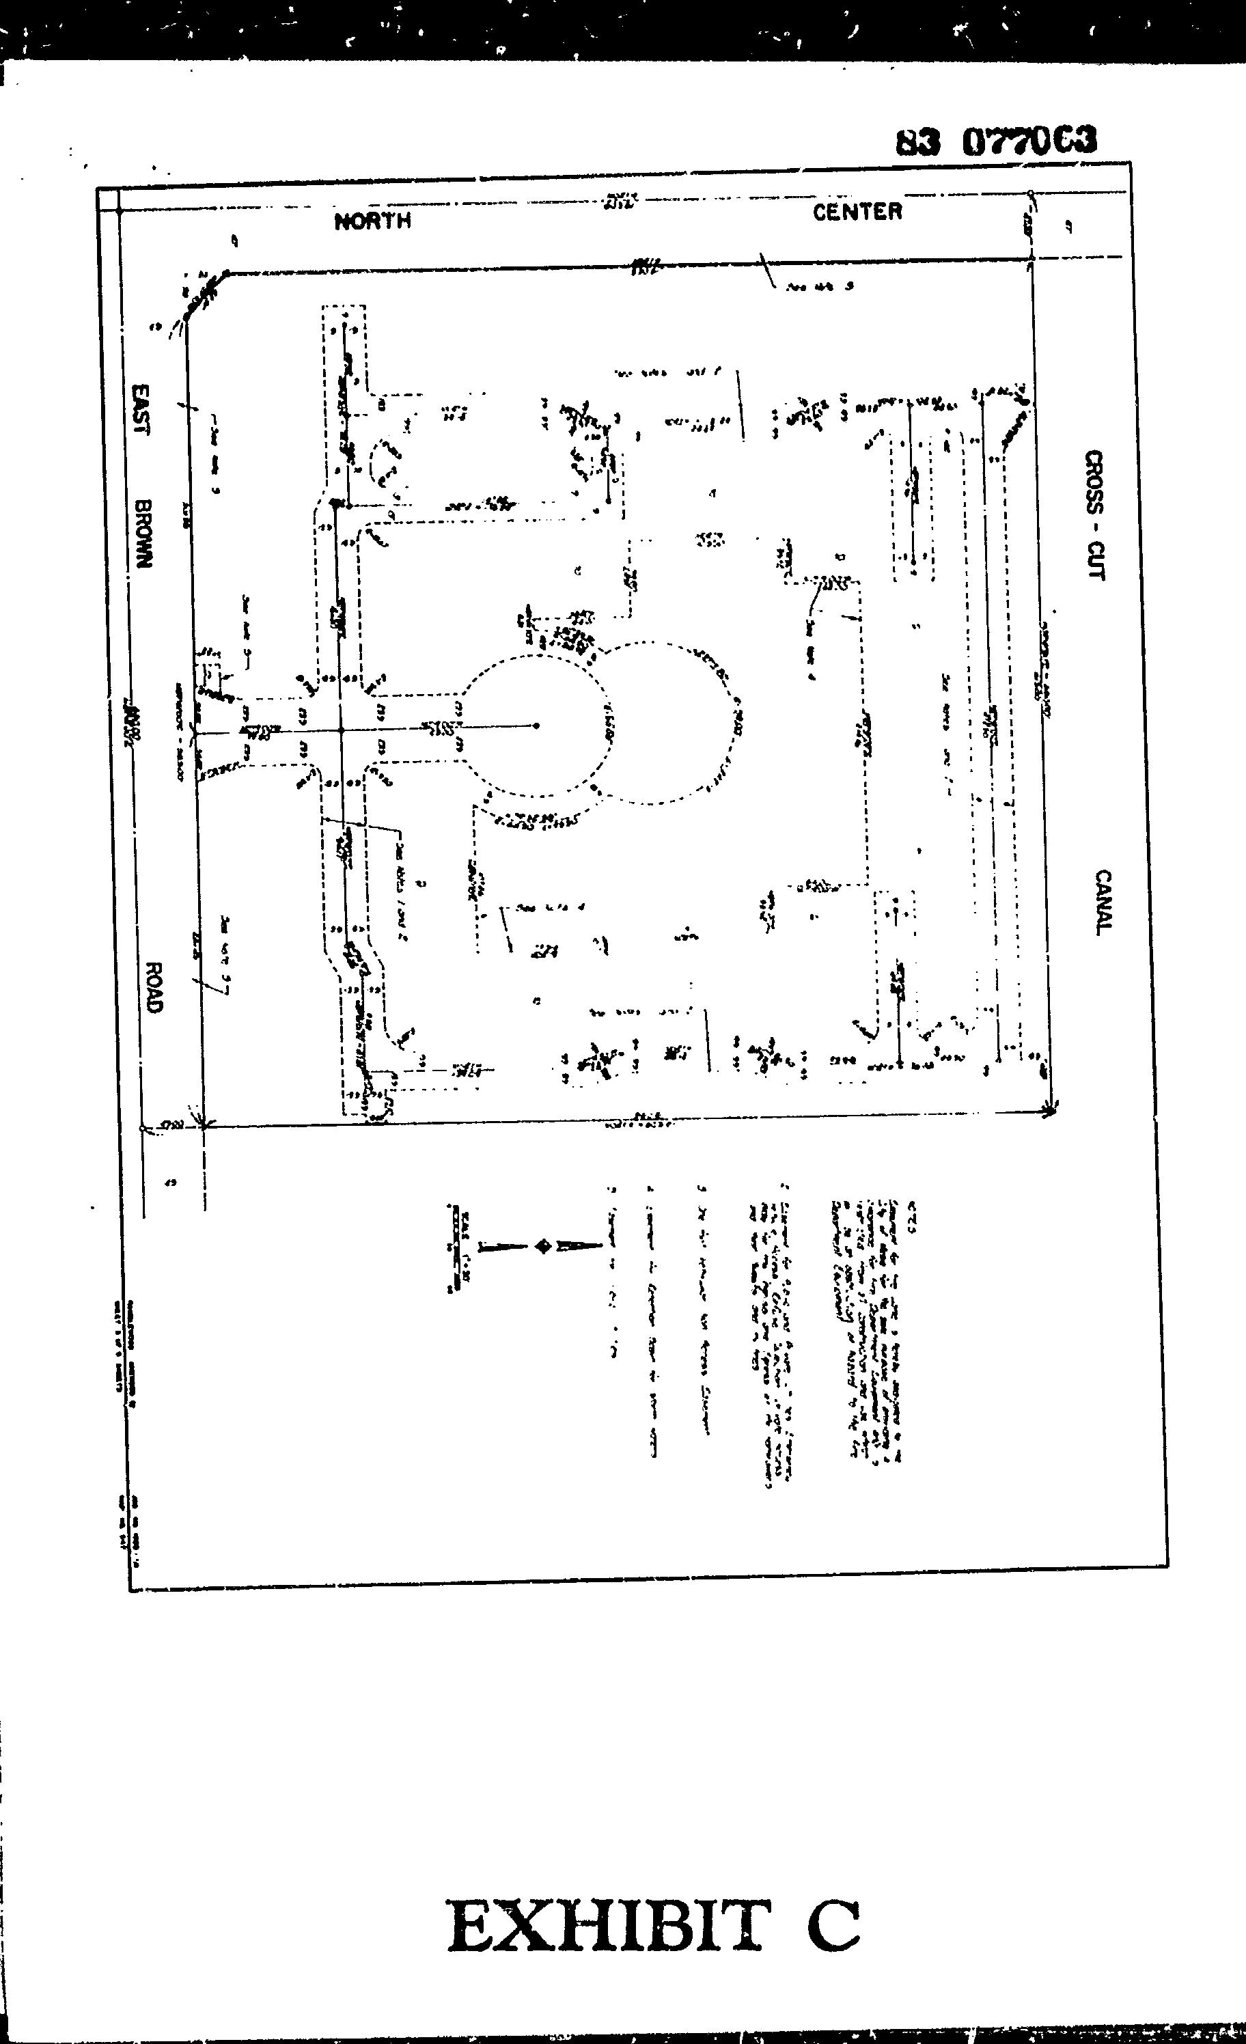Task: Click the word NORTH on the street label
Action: (x=372, y=221)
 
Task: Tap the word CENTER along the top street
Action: (x=856, y=212)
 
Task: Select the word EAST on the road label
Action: (x=143, y=409)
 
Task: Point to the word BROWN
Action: (x=144, y=533)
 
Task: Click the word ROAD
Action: (x=152, y=986)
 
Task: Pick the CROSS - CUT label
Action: (x=1095, y=515)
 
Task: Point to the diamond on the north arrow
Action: (x=543, y=1246)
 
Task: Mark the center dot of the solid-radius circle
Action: (x=537, y=726)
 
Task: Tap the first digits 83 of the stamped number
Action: (x=918, y=143)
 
